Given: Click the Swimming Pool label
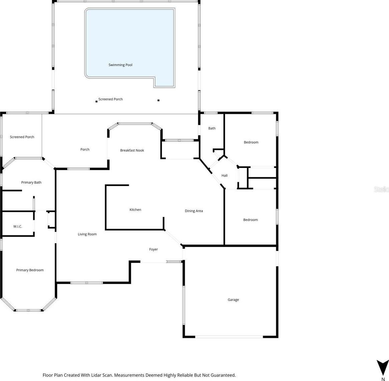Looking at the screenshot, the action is pyautogui.click(x=120, y=65).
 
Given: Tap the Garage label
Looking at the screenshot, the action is pyautogui.click(x=233, y=300).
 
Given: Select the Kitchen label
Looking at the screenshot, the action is pyautogui.click(x=135, y=209).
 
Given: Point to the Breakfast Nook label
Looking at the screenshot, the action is pyautogui.click(x=132, y=150).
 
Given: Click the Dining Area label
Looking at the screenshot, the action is pyautogui.click(x=194, y=211).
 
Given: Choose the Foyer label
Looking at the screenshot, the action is pyautogui.click(x=153, y=249).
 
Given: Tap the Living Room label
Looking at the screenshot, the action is pyautogui.click(x=87, y=234).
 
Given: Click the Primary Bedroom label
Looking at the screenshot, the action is pyautogui.click(x=30, y=270).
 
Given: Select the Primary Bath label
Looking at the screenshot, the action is pyautogui.click(x=31, y=183).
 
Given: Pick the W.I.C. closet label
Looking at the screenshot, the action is pyautogui.click(x=18, y=226).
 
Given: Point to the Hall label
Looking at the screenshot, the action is pyautogui.click(x=224, y=176).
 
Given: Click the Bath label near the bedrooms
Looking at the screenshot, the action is pyautogui.click(x=212, y=128).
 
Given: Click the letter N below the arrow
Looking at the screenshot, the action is pyautogui.click(x=383, y=379).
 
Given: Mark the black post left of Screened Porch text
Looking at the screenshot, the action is pyautogui.click(x=97, y=101).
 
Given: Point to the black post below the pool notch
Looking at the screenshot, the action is pyautogui.click(x=159, y=100).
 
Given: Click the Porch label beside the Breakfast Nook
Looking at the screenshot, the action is pyautogui.click(x=85, y=149).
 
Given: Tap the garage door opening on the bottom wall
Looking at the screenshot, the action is pyautogui.click(x=229, y=337).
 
